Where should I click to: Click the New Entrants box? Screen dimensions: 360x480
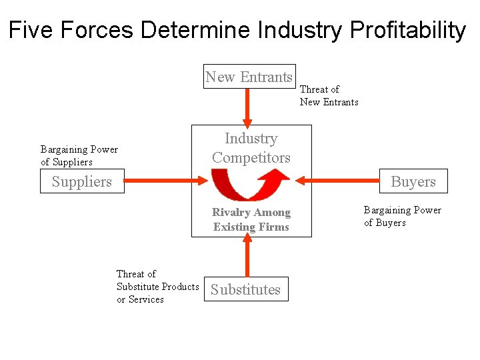point(249,77)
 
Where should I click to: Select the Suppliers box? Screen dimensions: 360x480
point(82,181)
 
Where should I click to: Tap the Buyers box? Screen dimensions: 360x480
point(413,181)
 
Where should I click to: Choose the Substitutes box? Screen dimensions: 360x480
point(246,289)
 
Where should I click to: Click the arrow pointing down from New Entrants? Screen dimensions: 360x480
point(247,107)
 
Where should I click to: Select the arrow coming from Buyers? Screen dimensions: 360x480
point(337,180)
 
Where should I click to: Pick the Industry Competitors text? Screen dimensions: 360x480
point(251,148)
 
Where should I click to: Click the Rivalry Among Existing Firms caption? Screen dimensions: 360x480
point(251,219)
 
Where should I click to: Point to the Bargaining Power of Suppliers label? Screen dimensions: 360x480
point(79,155)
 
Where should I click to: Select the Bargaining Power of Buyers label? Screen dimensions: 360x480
point(402,216)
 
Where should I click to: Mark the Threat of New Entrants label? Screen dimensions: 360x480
point(329,95)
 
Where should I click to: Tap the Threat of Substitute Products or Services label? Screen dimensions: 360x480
point(157,287)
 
